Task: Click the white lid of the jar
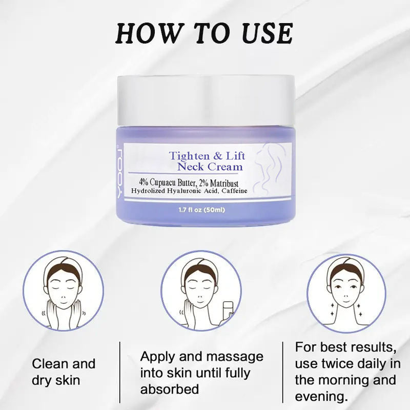pyautogui.click(x=206, y=100)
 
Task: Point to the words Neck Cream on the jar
pyautogui.click(x=210, y=167)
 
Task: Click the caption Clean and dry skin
pyautogui.click(x=64, y=372)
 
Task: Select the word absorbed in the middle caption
pyautogui.click(x=170, y=389)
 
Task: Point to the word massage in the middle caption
pyautogui.click(x=234, y=356)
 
